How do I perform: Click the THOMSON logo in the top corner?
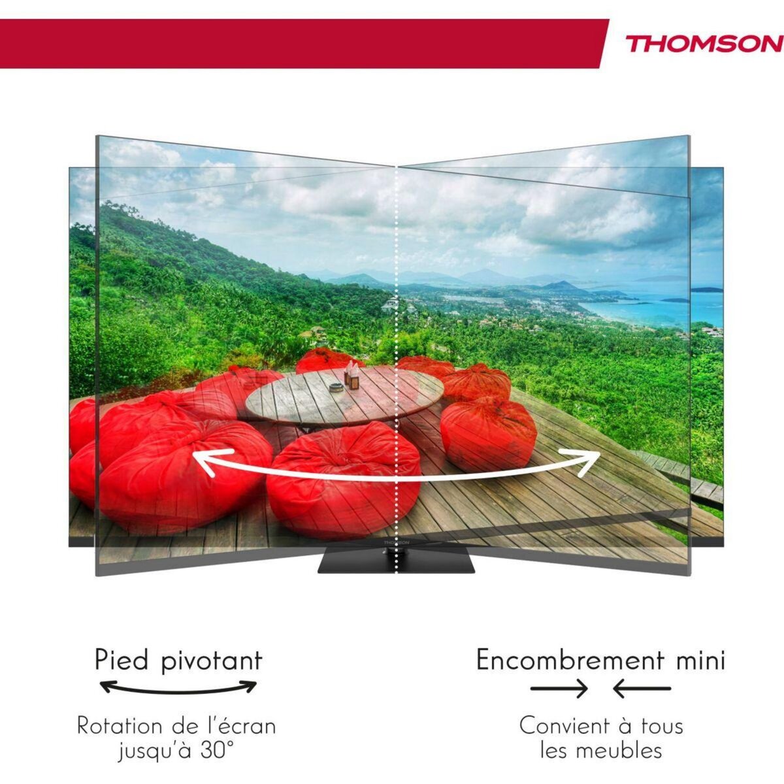click(704, 44)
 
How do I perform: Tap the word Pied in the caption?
click(122, 661)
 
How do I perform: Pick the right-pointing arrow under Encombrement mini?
click(559, 688)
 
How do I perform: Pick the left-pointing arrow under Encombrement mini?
click(642, 688)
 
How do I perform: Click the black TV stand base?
click(397, 562)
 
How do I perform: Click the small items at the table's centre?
click(351, 379)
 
